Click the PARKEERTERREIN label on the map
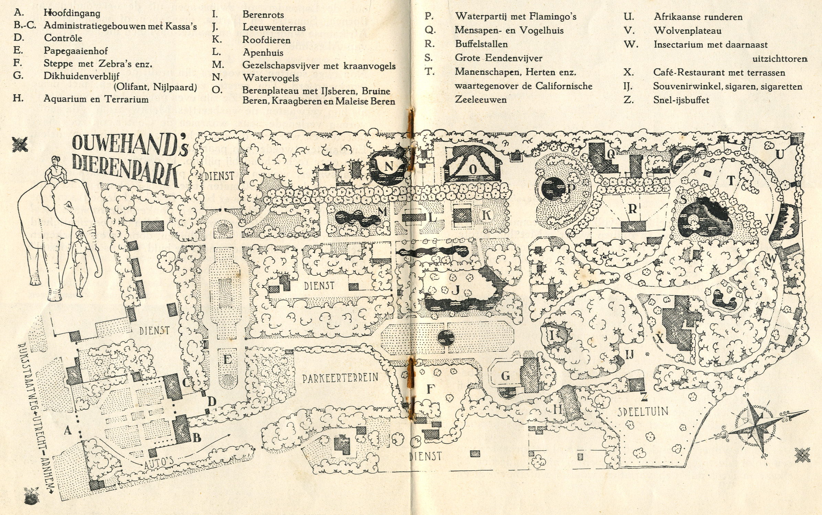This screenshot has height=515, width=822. tap(340, 378)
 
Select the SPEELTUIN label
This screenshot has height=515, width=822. tap(643, 412)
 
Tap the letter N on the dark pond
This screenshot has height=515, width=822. tap(388, 166)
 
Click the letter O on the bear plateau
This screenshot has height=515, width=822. tap(473, 169)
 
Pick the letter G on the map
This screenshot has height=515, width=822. tap(505, 376)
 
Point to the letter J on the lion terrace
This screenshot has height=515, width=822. tap(456, 290)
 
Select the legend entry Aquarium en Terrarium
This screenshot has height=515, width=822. tap(96, 99)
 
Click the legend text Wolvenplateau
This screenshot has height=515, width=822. tap(688, 31)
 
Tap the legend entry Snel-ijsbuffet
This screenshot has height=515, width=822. tap(681, 100)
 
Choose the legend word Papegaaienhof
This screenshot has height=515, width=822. tap(76, 51)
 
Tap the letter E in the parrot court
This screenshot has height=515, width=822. tap(227, 360)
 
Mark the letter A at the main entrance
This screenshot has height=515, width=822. tap(67, 430)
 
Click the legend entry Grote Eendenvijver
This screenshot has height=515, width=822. tap(498, 58)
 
